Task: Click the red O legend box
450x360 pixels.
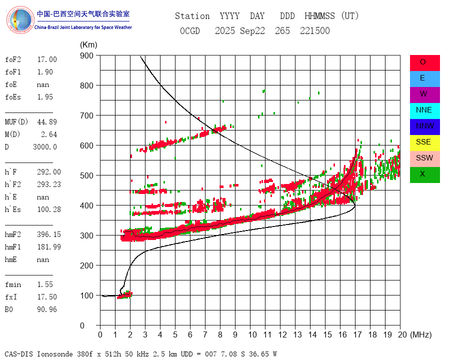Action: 424,62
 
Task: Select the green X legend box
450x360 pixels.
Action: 424,174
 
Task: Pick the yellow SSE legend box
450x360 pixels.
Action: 424,142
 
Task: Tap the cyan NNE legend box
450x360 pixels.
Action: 424,110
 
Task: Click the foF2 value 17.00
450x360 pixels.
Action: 47,59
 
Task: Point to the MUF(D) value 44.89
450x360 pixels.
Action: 47,122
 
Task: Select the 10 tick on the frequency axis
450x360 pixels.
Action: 250,334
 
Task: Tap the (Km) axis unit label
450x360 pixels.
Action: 88,45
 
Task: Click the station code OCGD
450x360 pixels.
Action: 190,31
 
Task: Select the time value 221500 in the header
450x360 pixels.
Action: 315,31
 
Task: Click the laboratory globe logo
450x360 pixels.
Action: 19,20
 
